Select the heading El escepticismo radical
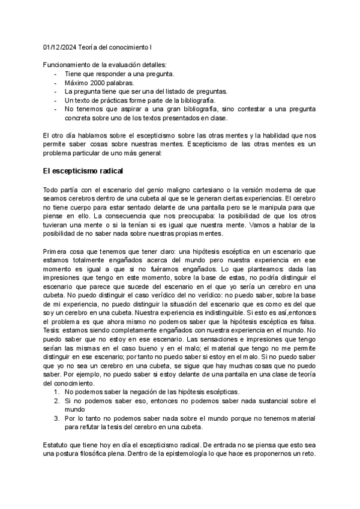pos(83,171)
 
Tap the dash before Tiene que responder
pos(56,74)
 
